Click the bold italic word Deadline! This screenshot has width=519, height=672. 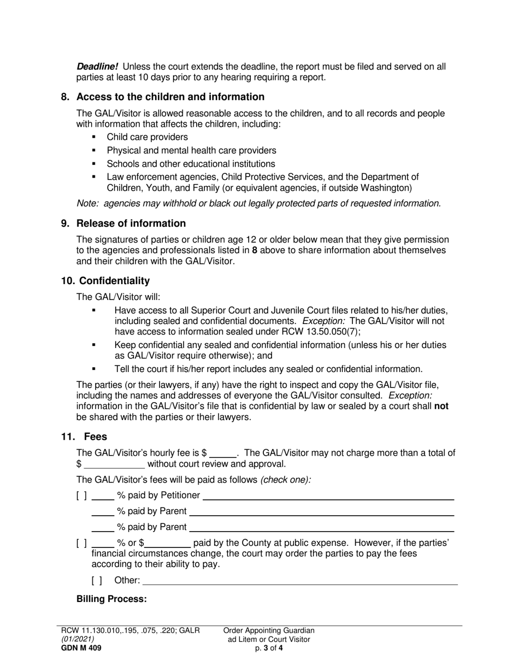pyautogui.click(x=97, y=67)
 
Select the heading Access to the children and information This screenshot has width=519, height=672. pyautogui.click(x=170, y=97)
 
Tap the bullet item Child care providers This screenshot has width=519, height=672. pyautogui.click(x=147, y=137)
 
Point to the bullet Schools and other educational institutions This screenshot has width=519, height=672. pyautogui.click(x=191, y=164)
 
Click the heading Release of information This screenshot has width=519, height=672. pyautogui.click(x=131, y=223)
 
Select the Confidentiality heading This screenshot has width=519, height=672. pyautogui.click(x=114, y=281)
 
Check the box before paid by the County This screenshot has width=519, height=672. pyautogui.click(x=81, y=544)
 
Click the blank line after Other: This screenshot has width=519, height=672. pyautogui.click(x=300, y=582)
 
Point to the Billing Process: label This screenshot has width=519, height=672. pyautogui.click(x=111, y=599)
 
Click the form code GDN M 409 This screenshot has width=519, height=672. pyautogui.click(x=80, y=649)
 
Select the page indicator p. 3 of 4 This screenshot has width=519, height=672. pyautogui.click(x=269, y=649)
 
